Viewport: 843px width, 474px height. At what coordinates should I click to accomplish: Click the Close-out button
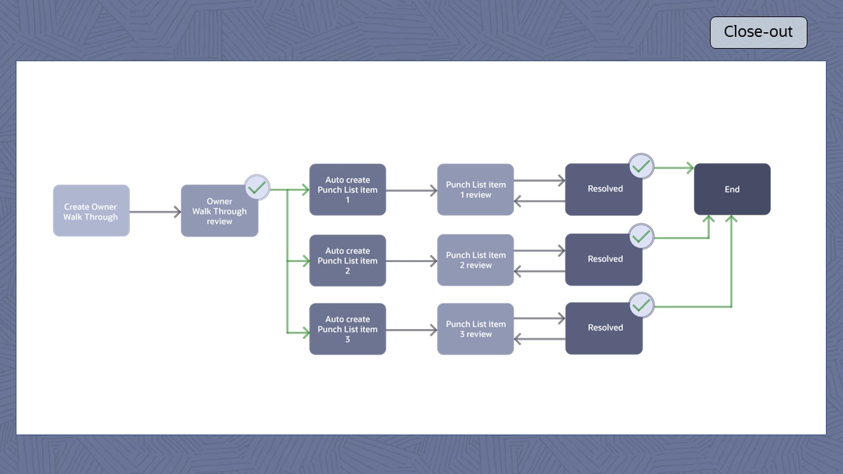[x=758, y=32]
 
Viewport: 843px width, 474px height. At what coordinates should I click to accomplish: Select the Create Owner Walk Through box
[x=91, y=211]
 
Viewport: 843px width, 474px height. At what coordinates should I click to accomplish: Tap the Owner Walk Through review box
[x=219, y=211]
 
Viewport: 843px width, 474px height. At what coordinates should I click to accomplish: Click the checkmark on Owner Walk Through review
[x=258, y=188]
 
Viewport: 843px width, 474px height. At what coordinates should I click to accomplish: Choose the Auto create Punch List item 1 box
[x=348, y=190]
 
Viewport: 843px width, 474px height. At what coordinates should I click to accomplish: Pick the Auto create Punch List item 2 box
[x=348, y=261]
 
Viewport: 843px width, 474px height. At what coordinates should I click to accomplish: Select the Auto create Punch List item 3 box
[x=348, y=329]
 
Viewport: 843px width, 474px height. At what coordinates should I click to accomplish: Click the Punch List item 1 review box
[x=476, y=190]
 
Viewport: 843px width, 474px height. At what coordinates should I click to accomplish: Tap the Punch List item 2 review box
[x=476, y=260]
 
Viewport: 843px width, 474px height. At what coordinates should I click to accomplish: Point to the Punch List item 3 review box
[x=476, y=329]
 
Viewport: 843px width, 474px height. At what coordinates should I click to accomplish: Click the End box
[x=732, y=189]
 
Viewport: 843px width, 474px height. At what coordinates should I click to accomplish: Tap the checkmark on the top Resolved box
[x=641, y=167]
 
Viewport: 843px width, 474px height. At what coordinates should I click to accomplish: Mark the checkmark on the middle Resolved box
[x=641, y=236]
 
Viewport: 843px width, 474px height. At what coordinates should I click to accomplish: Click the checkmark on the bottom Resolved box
[x=641, y=305]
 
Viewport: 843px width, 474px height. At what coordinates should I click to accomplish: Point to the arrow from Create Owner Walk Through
[x=155, y=212]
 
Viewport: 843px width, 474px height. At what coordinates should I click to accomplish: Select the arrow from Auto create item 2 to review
[x=412, y=261]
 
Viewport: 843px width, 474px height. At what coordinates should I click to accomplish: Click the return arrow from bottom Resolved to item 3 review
[x=539, y=340]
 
